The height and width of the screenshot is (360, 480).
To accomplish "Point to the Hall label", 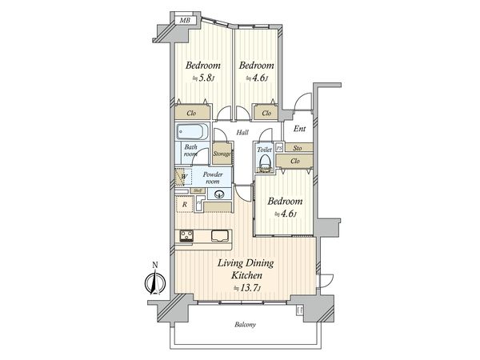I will tap(242, 134).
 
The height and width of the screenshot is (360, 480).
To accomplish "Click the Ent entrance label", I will tap(300, 129).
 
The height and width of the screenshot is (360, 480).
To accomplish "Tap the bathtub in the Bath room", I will tap(192, 134).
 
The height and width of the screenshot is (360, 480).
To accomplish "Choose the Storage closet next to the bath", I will tap(222, 154).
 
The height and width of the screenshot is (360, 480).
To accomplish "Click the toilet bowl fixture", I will tap(265, 166).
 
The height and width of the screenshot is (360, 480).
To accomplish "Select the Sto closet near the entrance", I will tap(297, 148).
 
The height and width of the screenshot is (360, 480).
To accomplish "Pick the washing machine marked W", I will tap(183, 177).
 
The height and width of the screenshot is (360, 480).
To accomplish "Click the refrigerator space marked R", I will tap(185, 205).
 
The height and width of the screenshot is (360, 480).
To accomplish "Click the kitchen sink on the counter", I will tap(219, 235).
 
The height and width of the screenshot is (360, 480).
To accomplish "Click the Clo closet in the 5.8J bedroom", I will tap(192, 114).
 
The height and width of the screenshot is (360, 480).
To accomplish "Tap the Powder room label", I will tap(213, 178).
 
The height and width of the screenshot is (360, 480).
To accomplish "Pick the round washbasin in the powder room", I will tap(219, 194).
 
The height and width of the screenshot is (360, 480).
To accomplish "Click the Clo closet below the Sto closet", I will tap(295, 162).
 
